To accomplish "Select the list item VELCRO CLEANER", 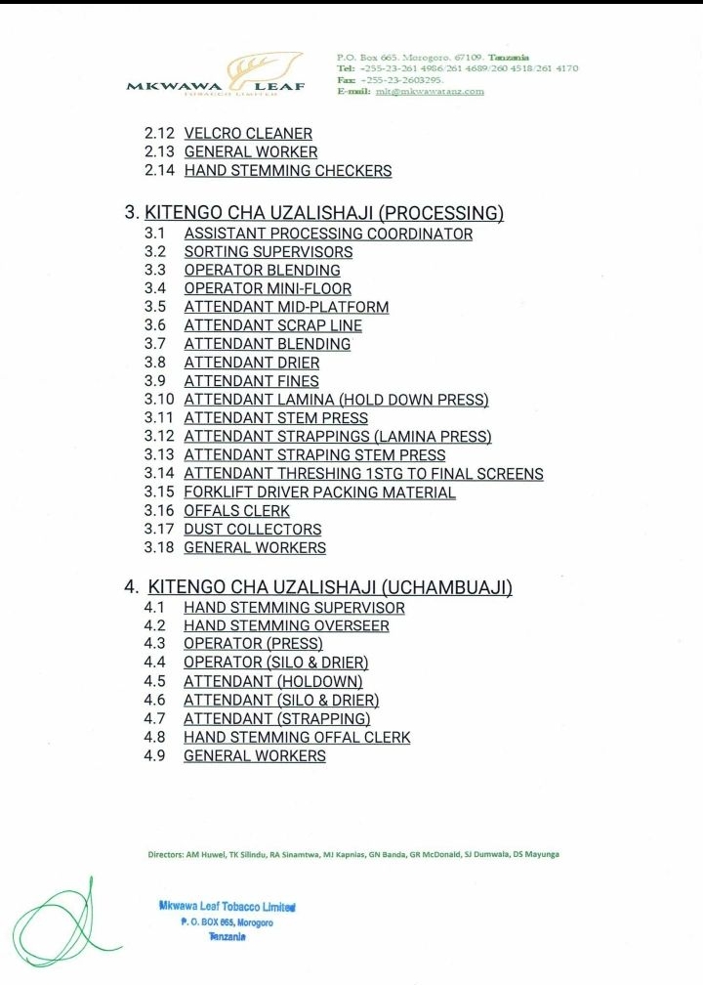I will pyautogui.click(x=248, y=133).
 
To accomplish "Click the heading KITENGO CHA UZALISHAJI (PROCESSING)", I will pyautogui.click(x=324, y=212).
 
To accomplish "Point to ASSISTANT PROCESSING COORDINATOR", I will pyautogui.click(x=328, y=234).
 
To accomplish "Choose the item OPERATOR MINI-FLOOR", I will pyautogui.click(x=268, y=288).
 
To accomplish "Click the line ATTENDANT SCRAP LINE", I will pyautogui.click(x=272, y=325).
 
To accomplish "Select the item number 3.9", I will pyautogui.click(x=155, y=381).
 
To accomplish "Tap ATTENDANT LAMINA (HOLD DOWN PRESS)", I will pyautogui.click(x=336, y=400).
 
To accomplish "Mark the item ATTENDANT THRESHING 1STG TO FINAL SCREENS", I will pyautogui.click(x=363, y=474).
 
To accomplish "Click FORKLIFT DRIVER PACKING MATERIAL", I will pyautogui.click(x=319, y=492).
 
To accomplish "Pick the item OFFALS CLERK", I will pyautogui.click(x=236, y=511).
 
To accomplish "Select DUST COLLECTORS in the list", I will pyautogui.click(x=252, y=530).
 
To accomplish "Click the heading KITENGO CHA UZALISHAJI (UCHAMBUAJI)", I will pyautogui.click(x=330, y=586).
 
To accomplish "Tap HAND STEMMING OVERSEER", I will pyautogui.click(x=286, y=625).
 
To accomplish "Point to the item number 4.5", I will pyautogui.click(x=154, y=681).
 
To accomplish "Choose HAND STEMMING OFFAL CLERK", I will pyautogui.click(x=297, y=737).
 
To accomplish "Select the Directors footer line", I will pyautogui.click(x=353, y=853).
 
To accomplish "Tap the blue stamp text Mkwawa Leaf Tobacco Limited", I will pyautogui.click(x=227, y=906).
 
